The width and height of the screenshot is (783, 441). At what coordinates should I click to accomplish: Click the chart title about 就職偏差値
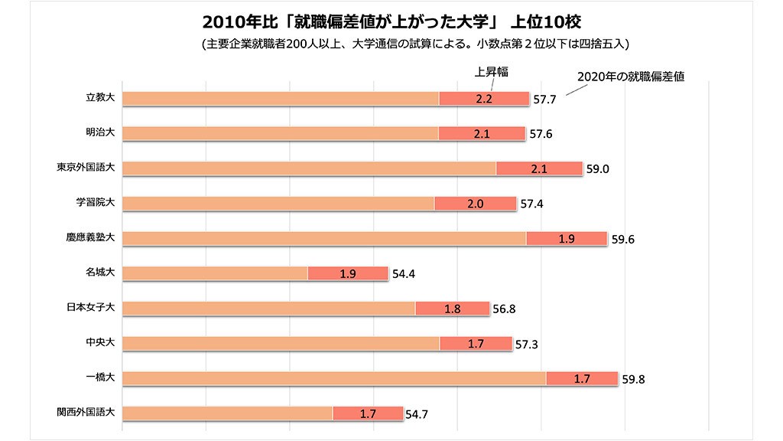coord(391,19)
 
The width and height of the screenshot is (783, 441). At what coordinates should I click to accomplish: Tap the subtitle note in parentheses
coord(414,44)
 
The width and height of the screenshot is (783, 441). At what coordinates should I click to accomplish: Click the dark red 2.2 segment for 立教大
coord(484,99)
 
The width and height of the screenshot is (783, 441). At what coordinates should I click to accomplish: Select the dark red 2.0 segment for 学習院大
coord(475,204)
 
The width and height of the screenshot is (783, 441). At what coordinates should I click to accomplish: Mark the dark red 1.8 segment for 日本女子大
coord(452,309)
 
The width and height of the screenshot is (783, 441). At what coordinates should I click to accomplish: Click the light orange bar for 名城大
coord(215,273)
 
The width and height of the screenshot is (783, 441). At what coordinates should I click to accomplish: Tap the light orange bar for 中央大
coord(281,343)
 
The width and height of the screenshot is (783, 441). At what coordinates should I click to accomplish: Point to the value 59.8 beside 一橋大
coord(635,379)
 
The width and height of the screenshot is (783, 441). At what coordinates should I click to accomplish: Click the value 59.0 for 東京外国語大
coord(597,169)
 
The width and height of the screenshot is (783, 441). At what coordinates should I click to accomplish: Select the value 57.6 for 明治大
coord(541,135)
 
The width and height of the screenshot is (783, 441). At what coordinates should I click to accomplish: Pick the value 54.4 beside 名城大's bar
coord(404,274)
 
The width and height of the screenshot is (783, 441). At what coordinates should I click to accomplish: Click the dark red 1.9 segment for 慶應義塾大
coord(567,238)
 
